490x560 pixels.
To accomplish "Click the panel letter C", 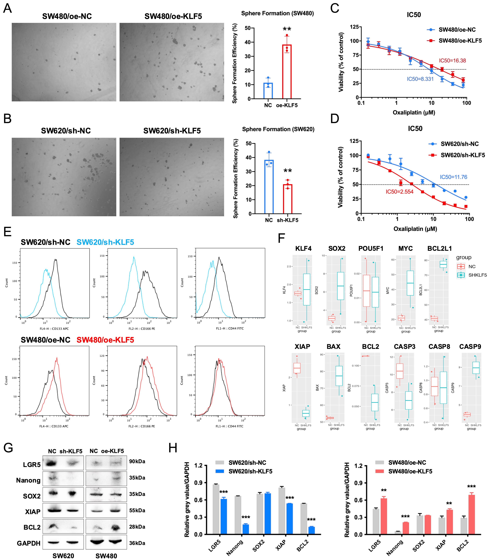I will [335, 8].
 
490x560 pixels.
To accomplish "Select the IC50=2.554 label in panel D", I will [400, 192].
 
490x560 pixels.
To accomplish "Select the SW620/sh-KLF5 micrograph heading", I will [172, 131].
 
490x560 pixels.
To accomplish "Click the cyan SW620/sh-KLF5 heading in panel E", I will [105, 242].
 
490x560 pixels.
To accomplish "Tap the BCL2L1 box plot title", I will [439, 249].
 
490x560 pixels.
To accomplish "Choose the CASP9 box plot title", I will [470, 347].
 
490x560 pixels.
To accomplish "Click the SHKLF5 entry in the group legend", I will [477, 275].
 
